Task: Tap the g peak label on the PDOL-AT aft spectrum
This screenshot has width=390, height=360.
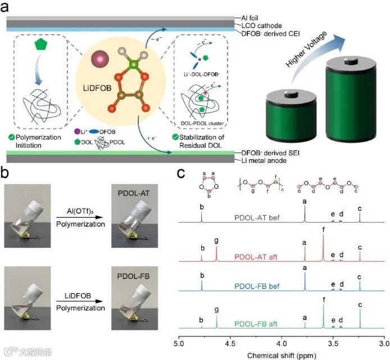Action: (x=217, y=241)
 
